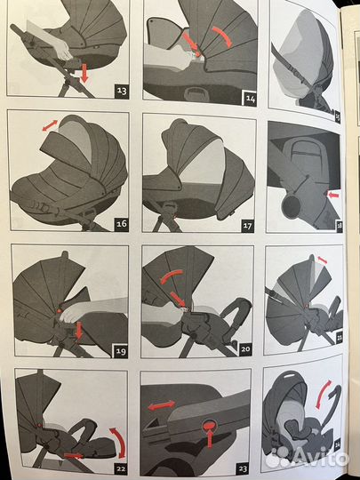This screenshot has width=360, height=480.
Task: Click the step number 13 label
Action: click(x=122, y=92)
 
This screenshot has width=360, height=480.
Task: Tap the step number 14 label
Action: click(x=250, y=99)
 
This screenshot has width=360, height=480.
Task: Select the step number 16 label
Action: click(x=122, y=224)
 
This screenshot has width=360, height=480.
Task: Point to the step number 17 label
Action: click(x=247, y=226)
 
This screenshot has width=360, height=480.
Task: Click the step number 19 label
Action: click(x=120, y=351)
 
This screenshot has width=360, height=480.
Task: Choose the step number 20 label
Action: click(x=245, y=349)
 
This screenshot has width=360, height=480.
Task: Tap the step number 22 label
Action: click(x=120, y=468)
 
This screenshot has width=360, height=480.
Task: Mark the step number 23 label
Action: click(x=243, y=468)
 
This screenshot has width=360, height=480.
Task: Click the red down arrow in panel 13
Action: click(x=84, y=73)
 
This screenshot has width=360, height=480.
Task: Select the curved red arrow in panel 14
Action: click(x=223, y=36)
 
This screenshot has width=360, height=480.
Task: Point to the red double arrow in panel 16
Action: click(x=50, y=125)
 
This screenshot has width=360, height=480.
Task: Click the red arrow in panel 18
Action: click(x=333, y=195)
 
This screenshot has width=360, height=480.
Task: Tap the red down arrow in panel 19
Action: click(x=79, y=331)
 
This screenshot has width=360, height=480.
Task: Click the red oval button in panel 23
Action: click(x=210, y=425)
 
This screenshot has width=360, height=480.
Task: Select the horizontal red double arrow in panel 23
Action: click(x=162, y=405)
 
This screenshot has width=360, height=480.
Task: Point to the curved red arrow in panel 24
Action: click(x=323, y=395)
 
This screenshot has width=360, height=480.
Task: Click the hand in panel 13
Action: click(x=64, y=49)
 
